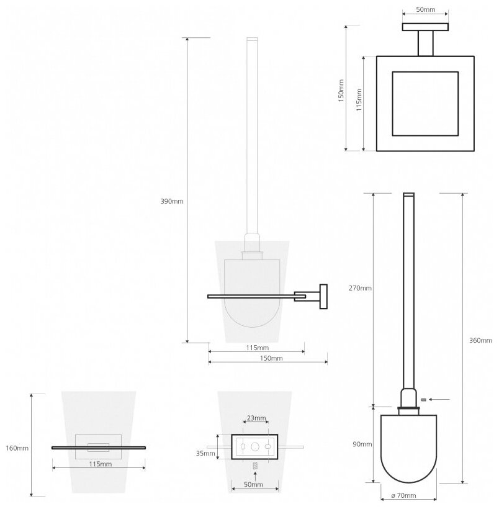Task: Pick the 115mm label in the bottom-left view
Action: pyautogui.click(x=100, y=464)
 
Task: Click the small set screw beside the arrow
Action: pyautogui.click(x=423, y=399)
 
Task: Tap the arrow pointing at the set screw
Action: pyautogui.click(x=439, y=399)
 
